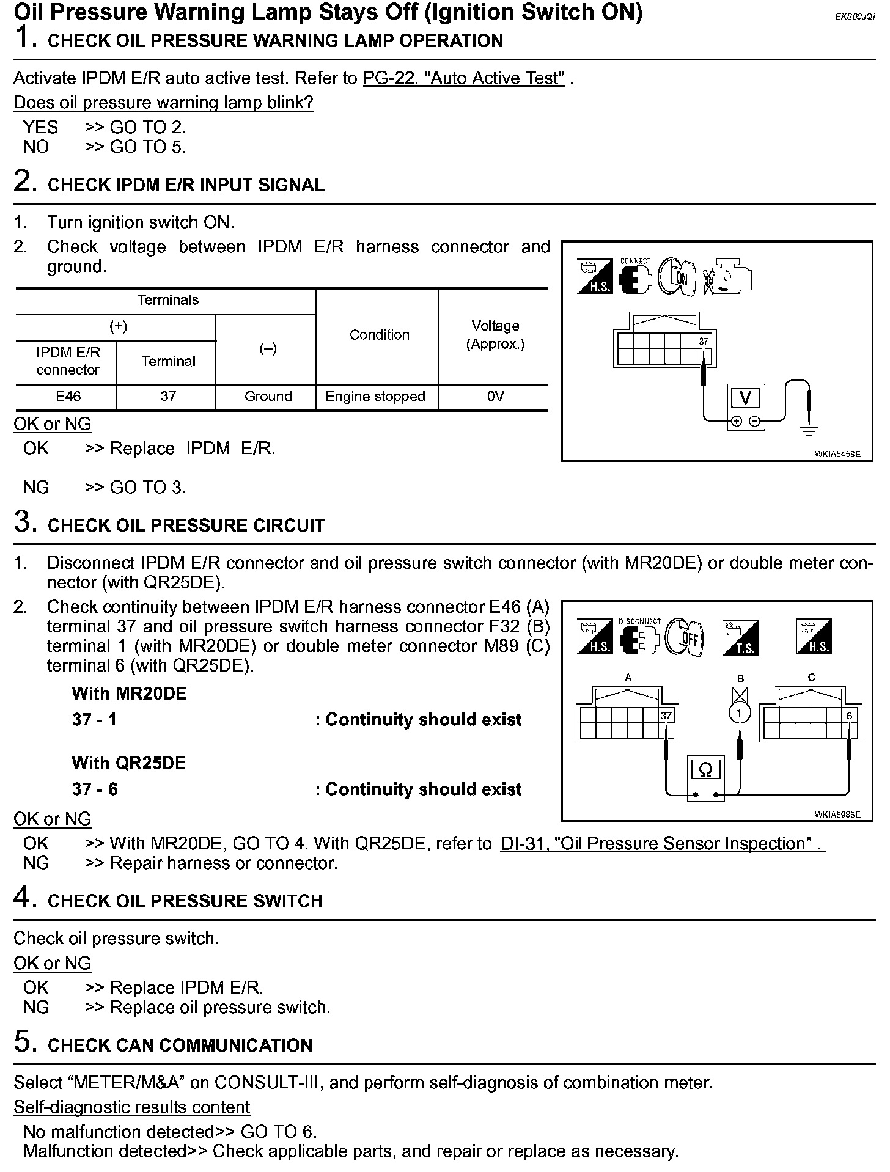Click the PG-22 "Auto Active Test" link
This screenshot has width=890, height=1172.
click(463, 78)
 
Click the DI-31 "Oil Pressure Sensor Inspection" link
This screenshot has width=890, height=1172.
click(662, 843)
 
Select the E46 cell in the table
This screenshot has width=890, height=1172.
click(68, 397)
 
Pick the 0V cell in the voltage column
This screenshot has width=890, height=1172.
click(495, 397)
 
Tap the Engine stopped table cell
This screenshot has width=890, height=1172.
click(375, 397)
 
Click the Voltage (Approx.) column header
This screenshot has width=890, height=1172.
click(495, 335)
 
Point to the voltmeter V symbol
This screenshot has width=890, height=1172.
click(745, 398)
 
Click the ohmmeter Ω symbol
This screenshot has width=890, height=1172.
click(705, 770)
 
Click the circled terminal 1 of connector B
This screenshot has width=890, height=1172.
click(740, 713)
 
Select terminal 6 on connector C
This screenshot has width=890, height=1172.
click(849, 716)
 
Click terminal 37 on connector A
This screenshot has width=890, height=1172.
click(666, 716)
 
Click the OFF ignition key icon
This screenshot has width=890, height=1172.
click(686, 637)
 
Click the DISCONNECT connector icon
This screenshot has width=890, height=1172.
click(639, 637)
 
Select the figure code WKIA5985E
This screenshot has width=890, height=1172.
click(837, 814)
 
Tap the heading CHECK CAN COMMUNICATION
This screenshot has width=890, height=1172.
click(180, 1045)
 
